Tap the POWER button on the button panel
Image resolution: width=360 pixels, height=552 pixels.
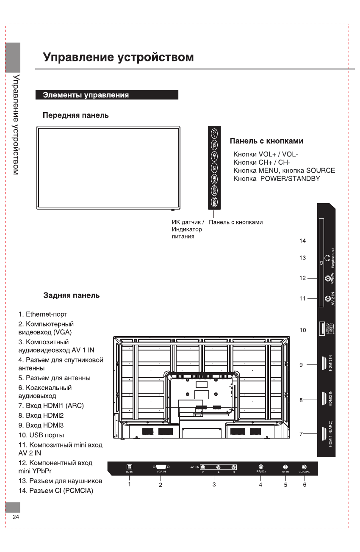tap(215, 202)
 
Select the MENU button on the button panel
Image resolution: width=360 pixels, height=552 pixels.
tap(215, 179)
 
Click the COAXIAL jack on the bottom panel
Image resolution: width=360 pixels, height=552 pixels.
tap(304, 466)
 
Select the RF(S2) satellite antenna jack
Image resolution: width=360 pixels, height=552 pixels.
tap(260, 466)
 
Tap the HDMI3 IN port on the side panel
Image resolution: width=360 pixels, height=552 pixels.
tap(324, 364)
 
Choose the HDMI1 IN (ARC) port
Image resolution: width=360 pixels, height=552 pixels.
tap(324, 433)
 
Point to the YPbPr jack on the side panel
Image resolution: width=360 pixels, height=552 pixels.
tap(327, 278)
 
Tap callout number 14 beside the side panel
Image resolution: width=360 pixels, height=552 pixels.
tap(302, 241)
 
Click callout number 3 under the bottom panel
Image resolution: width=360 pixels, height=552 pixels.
tap(214, 484)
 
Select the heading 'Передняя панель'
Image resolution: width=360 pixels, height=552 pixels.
tap(76, 115)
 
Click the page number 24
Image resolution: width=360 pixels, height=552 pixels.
tap(16, 517)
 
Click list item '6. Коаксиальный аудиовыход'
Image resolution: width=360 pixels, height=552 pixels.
tap(45, 392)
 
